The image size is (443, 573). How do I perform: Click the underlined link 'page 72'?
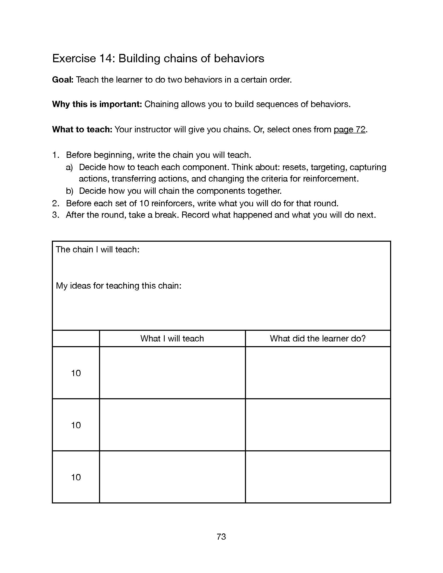pos(349,129)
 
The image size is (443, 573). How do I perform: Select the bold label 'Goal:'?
pos(63,79)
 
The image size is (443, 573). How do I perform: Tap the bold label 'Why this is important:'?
pos(97,104)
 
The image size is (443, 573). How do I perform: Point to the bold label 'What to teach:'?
pos(82,129)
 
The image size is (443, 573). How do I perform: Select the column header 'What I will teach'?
pos(172,338)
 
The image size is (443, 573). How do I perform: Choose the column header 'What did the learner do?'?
pos(318,338)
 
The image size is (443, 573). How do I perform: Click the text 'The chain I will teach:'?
pos(97,249)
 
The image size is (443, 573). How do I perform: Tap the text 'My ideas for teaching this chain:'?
pos(118,285)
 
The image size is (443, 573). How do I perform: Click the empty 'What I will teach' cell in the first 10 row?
pos(172,373)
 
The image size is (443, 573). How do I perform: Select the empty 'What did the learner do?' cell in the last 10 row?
pos(318,477)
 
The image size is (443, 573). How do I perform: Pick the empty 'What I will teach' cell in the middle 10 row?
pos(172,425)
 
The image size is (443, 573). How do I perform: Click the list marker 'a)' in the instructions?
pos(69,167)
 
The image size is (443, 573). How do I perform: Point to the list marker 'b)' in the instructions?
pos(69,191)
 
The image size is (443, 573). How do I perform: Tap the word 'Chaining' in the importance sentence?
pos(161,104)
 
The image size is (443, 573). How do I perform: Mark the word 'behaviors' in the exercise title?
pos(239,58)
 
